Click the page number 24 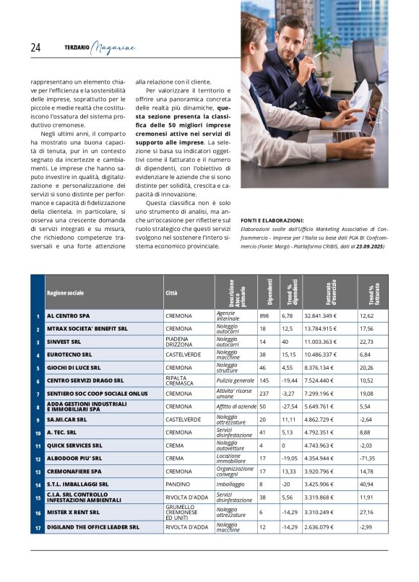[35, 48]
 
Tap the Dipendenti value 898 [264, 316]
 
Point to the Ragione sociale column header [66, 293]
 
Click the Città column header [171, 293]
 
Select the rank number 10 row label [37, 433]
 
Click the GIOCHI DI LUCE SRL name [74, 368]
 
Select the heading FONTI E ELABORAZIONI [272, 220]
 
